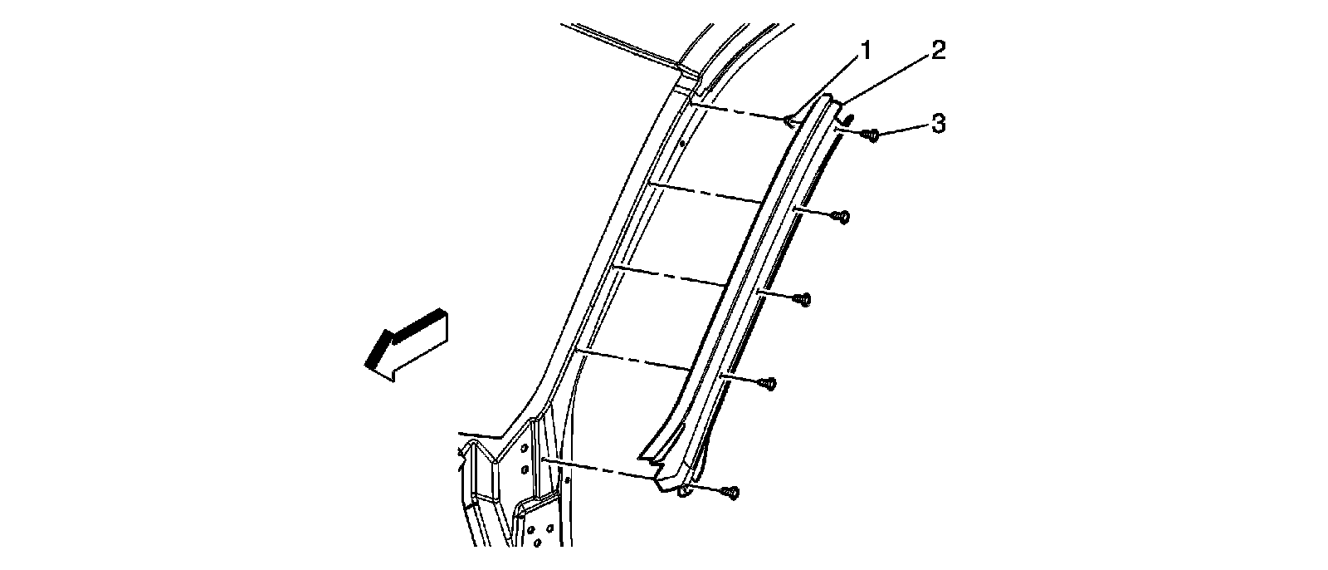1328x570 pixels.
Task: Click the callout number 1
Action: coord(865,52)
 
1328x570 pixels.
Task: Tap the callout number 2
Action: coord(936,51)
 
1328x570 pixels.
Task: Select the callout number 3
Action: coord(937,124)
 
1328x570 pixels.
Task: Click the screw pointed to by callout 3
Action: coord(871,134)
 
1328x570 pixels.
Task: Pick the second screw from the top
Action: coord(842,218)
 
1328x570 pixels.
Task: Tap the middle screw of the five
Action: coord(803,300)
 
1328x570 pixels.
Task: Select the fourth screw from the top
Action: coord(769,383)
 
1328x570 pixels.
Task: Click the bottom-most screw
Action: coord(730,493)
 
